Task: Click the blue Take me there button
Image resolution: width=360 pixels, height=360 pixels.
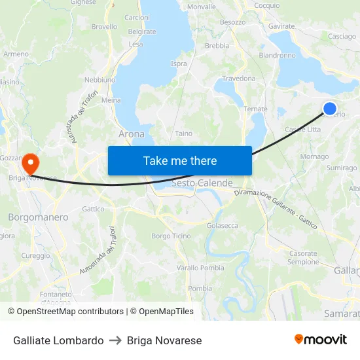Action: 179,160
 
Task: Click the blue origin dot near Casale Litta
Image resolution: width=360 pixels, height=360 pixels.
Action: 330,109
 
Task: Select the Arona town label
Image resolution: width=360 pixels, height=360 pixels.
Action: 132,134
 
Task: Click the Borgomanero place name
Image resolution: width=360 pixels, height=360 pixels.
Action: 38,217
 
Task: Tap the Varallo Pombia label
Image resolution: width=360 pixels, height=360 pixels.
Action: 200,268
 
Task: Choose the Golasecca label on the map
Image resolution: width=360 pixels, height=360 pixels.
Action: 223,225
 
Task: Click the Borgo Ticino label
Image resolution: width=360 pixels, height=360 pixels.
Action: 171,236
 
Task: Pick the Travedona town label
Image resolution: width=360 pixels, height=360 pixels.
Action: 239,79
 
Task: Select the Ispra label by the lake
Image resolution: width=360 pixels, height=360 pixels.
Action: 179,64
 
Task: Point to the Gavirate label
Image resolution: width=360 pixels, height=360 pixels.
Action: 281,26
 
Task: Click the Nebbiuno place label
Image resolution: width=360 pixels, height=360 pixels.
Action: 100,80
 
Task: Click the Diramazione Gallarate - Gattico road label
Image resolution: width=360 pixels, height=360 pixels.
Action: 276,209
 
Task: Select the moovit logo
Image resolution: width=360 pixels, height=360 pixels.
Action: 321,340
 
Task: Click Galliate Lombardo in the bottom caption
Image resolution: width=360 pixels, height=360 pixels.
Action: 58,340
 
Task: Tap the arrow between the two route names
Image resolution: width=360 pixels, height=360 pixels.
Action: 115,340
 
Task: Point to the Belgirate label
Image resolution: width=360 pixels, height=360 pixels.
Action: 142,31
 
